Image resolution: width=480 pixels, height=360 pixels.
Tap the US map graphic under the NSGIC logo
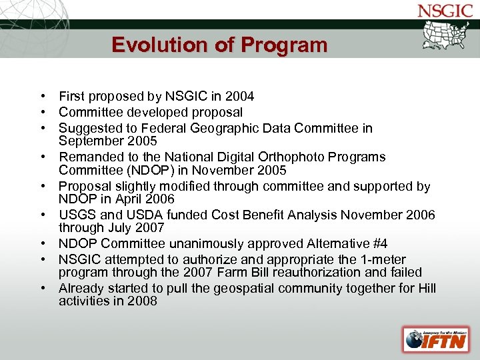click(446, 36)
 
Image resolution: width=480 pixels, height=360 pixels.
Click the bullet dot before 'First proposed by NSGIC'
click(41, 97)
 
